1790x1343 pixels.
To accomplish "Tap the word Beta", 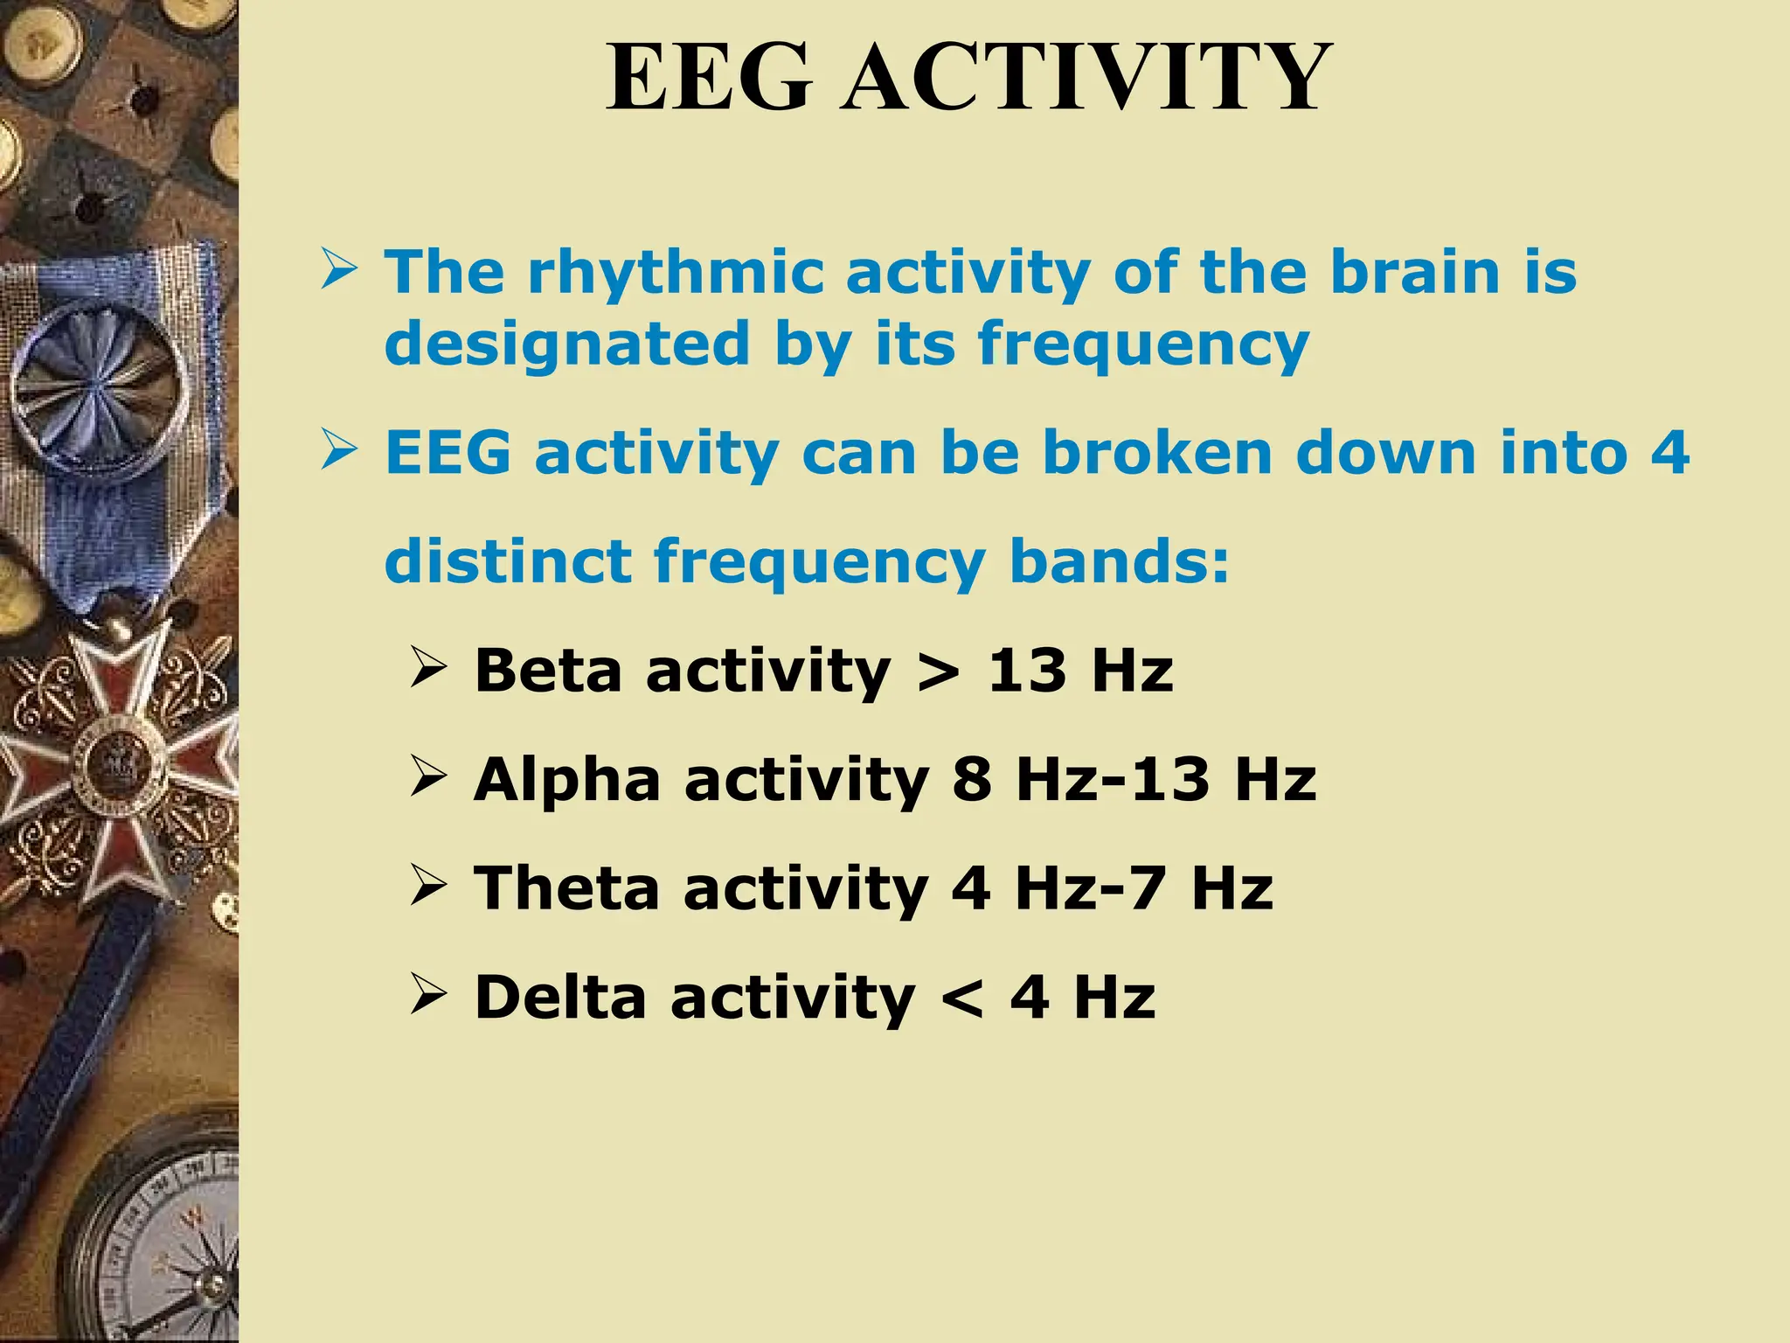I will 549,671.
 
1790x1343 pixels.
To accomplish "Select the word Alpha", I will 566,779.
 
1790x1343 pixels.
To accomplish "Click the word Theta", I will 566,887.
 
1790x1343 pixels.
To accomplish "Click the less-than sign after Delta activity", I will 962,999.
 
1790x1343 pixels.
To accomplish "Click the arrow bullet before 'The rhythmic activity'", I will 338,270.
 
